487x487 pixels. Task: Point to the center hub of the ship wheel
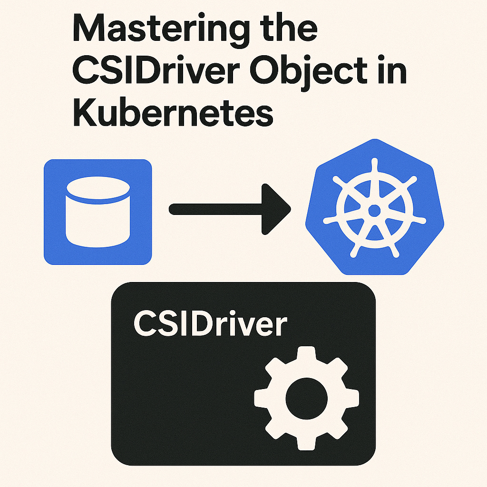[x=374, y=210]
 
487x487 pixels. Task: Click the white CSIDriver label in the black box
[x=210, y=324]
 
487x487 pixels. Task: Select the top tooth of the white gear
[x=307, y=354]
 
